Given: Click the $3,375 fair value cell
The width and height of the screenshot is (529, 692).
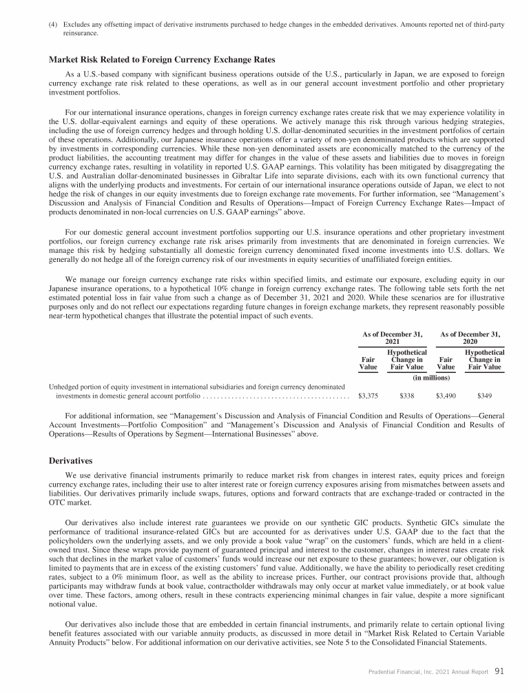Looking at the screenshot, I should coord(369,397).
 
